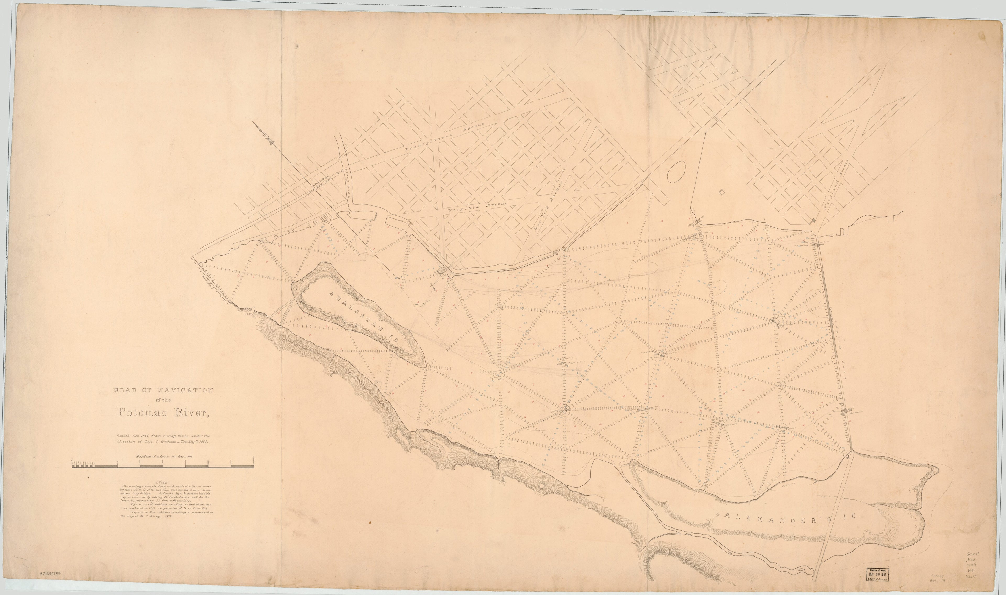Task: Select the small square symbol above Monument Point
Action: tap(722, 193)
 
